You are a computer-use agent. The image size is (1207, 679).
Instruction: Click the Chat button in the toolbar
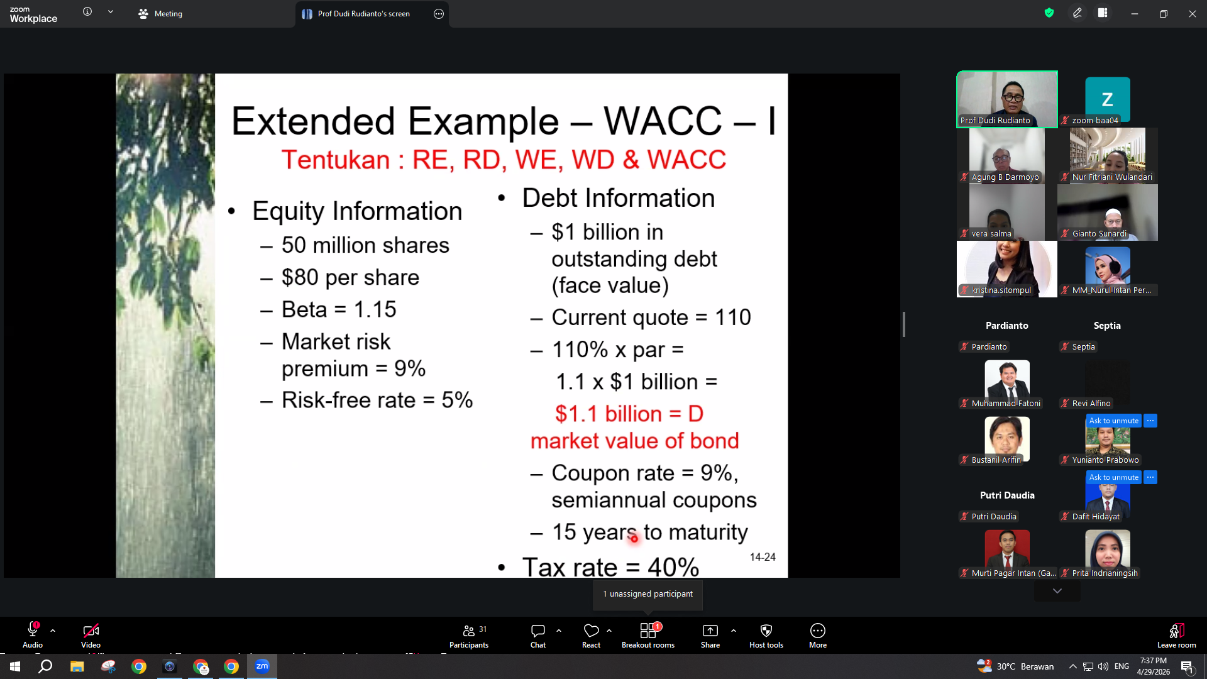[538, 636]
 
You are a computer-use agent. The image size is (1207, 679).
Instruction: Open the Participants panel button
[469, 636]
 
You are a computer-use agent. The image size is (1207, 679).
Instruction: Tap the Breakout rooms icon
[648, 631]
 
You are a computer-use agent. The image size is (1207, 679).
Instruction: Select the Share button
[710, 636]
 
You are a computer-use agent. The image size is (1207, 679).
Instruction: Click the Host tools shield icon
[766, 631]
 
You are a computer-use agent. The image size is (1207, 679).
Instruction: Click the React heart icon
[591, 630]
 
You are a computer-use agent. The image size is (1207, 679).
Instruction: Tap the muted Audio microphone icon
[33, 629]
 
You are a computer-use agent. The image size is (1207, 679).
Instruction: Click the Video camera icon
[91, 630]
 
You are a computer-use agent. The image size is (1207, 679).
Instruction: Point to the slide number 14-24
[763, 557]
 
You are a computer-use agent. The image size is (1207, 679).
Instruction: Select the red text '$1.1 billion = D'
[629, 414]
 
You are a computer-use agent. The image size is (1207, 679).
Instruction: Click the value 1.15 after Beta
[375, 309]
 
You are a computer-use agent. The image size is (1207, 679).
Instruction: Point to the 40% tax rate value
[673, 567]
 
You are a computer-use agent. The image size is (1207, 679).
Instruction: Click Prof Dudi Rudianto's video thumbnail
[1007, 99]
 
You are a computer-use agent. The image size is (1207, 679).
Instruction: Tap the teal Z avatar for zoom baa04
[1108, 99]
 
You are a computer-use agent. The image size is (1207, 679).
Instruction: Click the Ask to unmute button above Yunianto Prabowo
[1114, 421]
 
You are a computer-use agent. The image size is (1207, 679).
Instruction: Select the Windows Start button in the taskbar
[15, 666]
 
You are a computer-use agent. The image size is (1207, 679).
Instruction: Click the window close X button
[1192, 14]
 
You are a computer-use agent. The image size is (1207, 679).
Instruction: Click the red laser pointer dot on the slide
[634, 538]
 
